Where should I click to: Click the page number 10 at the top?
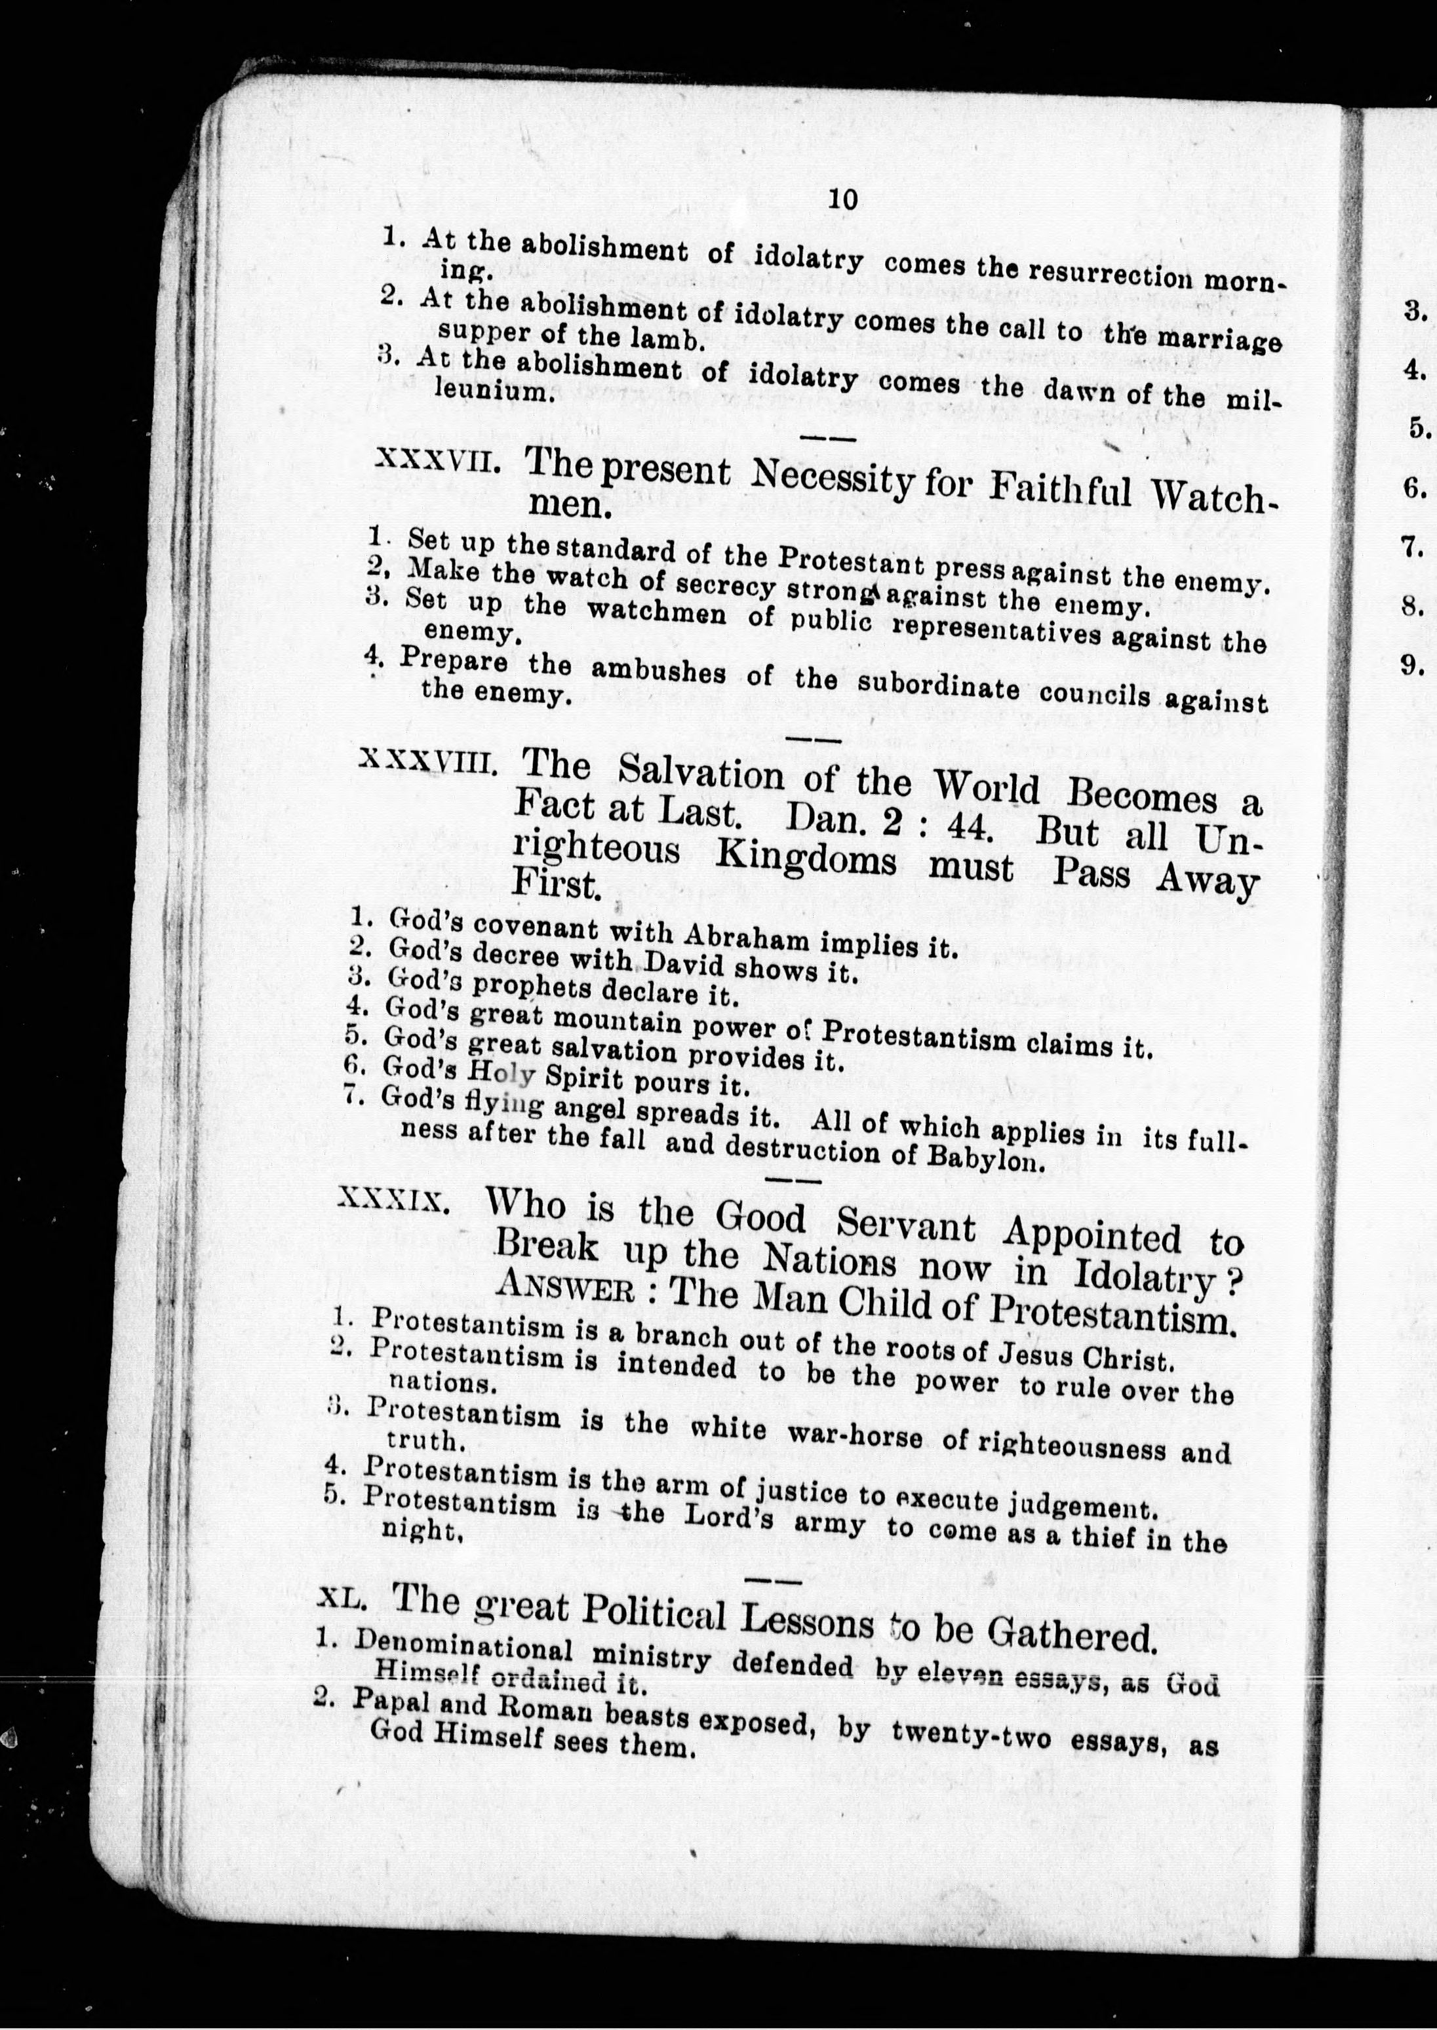click(842, 199)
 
